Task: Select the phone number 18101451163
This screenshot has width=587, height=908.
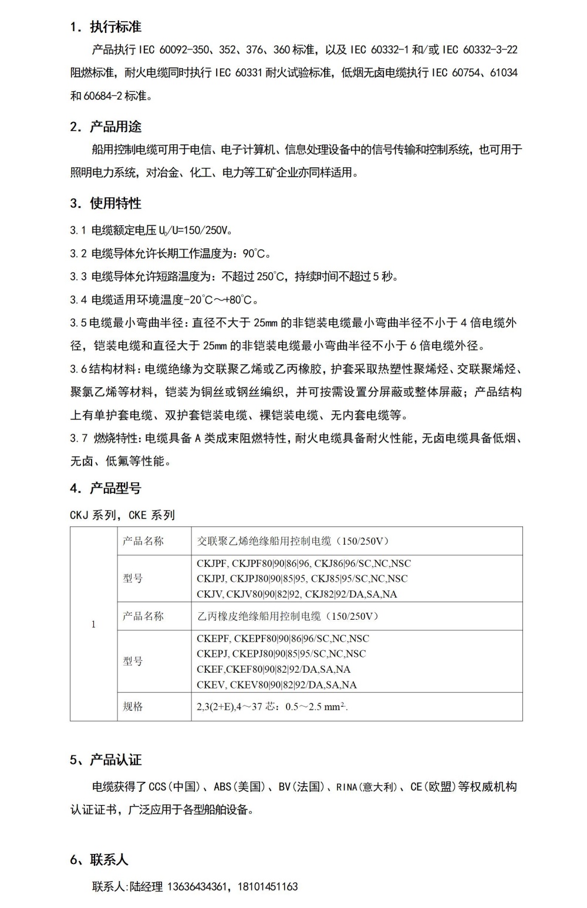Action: tap(268, 886)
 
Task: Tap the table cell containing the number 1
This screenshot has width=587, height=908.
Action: tap(93, 625)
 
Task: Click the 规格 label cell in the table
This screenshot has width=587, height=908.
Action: tap(133, 707)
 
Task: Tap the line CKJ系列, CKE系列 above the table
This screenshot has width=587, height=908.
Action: tap(122, 515)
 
